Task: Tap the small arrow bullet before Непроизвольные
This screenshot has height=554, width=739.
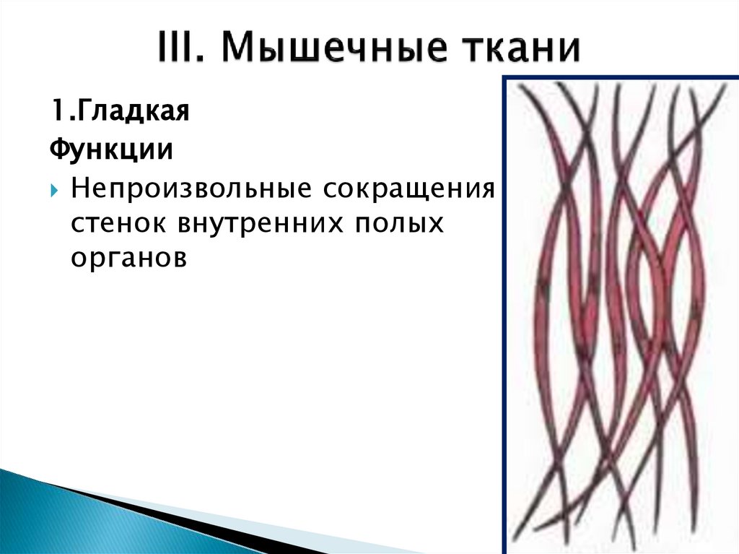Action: click(56, 191)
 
